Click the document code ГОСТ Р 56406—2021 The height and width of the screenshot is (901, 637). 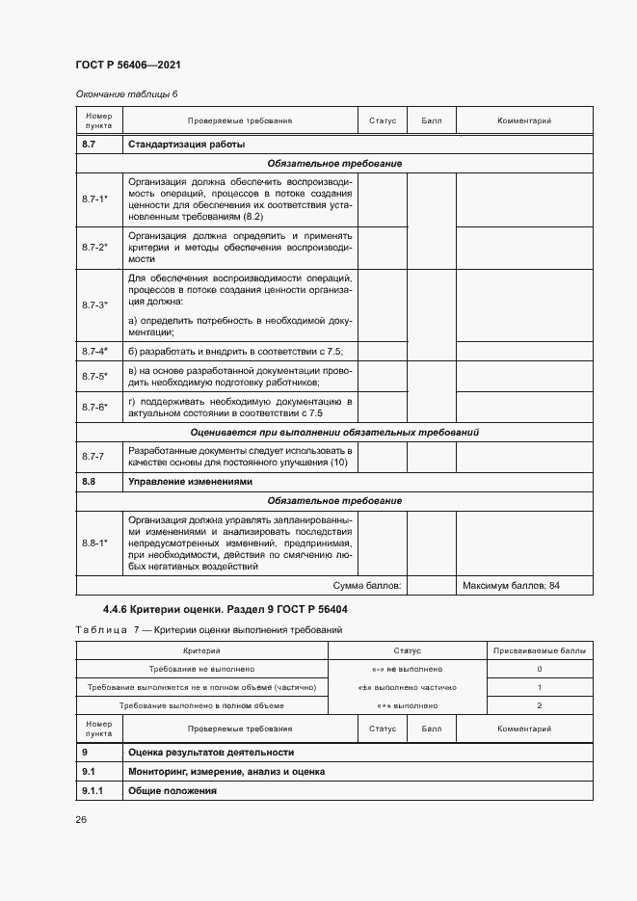pos(127,65)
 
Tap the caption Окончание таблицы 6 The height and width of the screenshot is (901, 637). pos(126,93)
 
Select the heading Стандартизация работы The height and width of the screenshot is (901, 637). pos(186,145)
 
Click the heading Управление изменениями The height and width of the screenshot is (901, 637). pos(189,481)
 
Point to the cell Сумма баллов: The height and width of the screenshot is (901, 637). pos(367,585)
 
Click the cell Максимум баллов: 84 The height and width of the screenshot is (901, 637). pos(511,585)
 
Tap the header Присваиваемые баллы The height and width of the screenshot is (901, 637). pos(539,651)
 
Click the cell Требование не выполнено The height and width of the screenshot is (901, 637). pos(201,669)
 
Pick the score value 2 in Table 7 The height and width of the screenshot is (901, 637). pos(539,705)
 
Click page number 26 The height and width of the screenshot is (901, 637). pos(81,819)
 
